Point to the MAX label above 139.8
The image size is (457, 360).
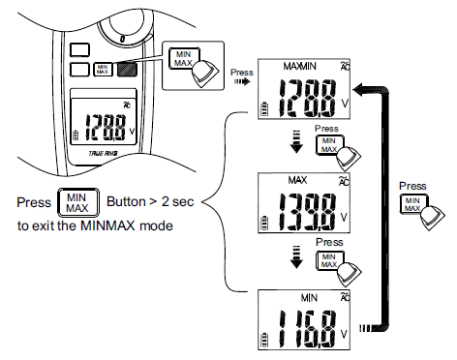(297, 180)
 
